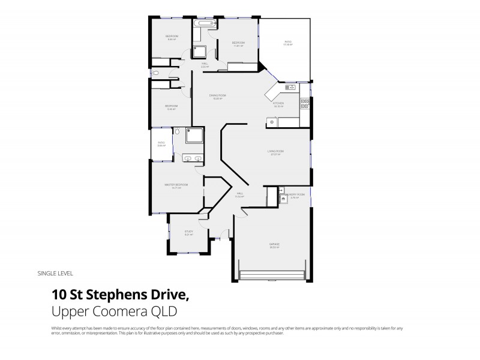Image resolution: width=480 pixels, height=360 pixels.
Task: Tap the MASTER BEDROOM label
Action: pyautogui.click(x=176, y=185)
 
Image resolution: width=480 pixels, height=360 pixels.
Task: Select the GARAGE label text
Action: pyautogui.click(x=274, y=244)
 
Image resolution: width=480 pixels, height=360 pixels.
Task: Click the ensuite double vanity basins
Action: pyautogui.click(x=193, y=158)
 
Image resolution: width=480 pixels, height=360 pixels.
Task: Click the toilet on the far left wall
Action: pyautogui.click(x=155, y=73)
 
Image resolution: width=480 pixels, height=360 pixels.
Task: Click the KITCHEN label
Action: pyautogui.click(x=278, y=103)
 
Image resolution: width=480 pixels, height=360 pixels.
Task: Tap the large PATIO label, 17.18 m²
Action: pyautogui.click(x=287, y=42)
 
